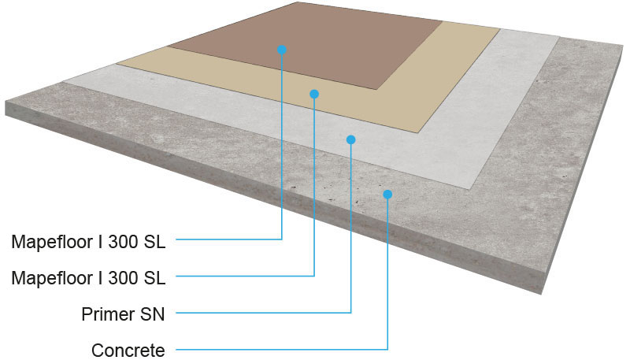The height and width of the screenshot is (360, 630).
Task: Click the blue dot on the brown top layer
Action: pos(282,50)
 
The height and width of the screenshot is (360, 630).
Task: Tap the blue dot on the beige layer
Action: pos(314,94)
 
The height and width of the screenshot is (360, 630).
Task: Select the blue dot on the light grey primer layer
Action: pos(350,139)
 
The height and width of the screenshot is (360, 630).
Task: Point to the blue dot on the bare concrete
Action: pos(387,195)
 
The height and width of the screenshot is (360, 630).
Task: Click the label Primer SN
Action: pos(123,314)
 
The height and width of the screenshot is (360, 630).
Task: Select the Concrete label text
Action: pos(128,351)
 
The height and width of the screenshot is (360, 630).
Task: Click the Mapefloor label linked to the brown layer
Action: pos(88,242)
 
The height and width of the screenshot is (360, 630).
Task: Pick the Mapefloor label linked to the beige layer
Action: pos(88,277)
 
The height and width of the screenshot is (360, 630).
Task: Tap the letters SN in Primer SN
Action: pos(152,314)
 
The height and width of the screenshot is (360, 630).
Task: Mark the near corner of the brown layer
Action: pos(376,89)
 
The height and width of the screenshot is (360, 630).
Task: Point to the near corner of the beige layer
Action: pos(419,132)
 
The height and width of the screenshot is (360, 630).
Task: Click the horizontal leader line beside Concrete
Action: pos(282,349)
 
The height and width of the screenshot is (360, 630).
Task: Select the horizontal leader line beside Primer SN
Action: pos(264,312)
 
